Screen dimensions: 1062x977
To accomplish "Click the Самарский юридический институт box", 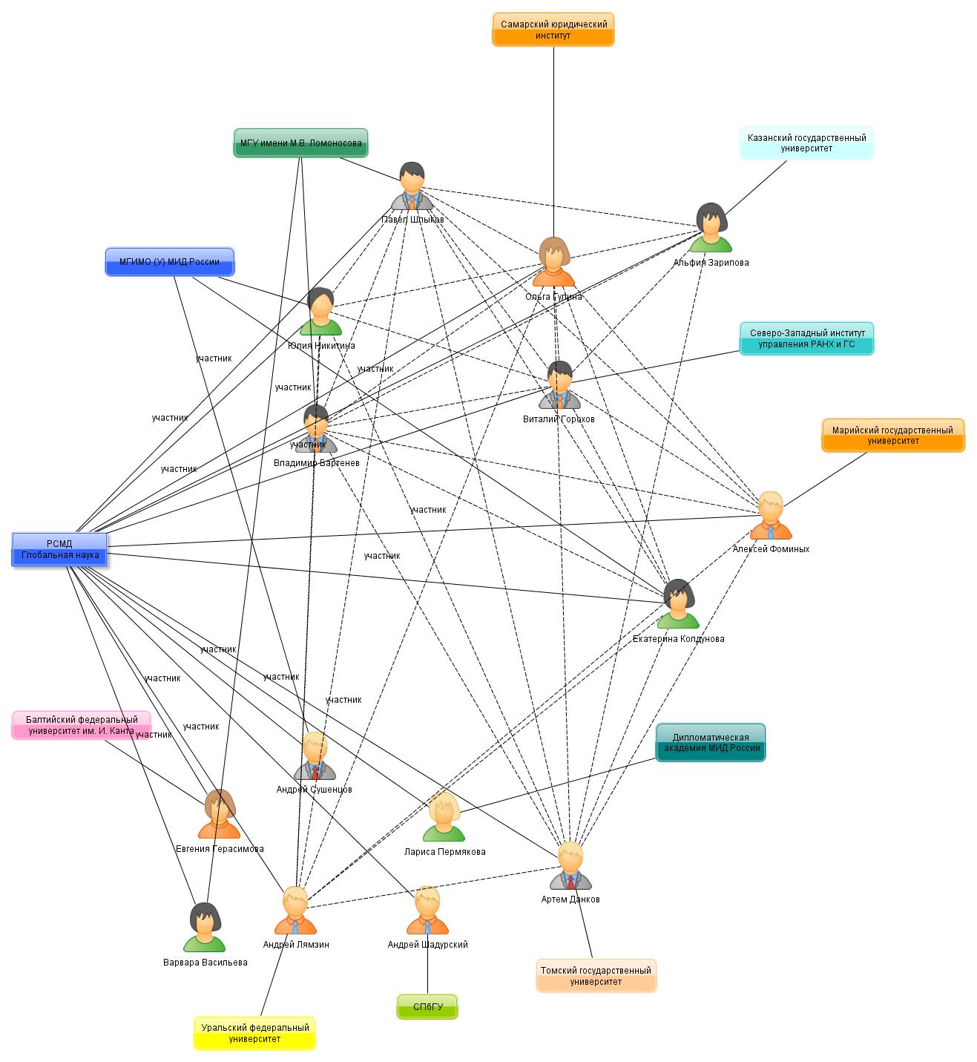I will [553, 30].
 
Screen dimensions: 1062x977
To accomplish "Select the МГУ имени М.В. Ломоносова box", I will [300, 143].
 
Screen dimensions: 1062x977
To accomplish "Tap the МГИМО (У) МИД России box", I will [169, 262].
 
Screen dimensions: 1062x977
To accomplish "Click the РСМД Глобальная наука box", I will [60, 550].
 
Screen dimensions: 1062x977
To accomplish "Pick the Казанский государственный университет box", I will [806, 143].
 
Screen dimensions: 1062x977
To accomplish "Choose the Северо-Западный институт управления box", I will [806, 339].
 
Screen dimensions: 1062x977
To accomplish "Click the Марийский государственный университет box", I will [892, 436].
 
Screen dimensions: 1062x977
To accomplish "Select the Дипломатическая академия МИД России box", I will [710, 743].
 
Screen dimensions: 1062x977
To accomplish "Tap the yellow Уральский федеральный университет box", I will [254, 1033].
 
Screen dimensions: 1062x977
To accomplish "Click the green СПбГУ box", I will [427, 1007].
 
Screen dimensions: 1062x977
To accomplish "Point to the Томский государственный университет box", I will [596, 976].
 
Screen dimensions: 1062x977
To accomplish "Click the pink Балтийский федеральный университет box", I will [82, 725].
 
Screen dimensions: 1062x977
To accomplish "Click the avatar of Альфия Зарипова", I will [711, 229].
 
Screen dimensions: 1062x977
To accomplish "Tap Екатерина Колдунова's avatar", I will [677, 604].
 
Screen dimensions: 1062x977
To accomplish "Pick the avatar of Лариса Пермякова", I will [444, 817].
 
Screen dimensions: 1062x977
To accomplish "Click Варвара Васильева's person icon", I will [204, 927].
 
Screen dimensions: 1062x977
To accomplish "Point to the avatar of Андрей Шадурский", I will [427, 911].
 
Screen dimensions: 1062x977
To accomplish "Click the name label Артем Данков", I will [570, 899].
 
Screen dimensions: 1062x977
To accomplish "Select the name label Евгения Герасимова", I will [220, 849].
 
